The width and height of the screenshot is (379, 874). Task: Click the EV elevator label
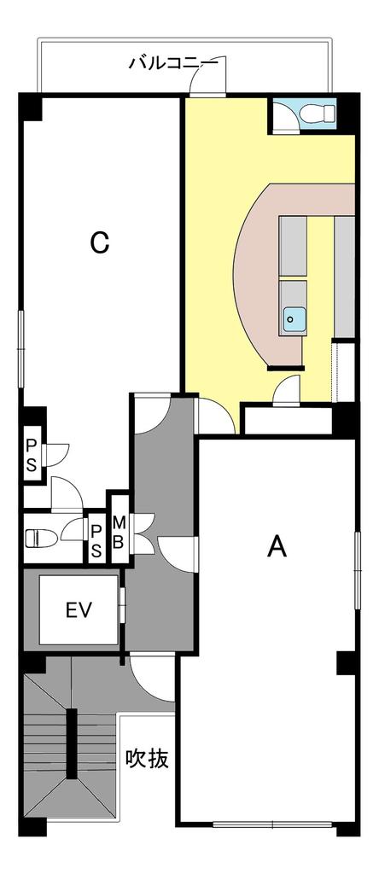point(79,610)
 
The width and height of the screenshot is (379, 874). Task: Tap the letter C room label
point(100,243)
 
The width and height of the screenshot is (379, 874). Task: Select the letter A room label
point(277,546)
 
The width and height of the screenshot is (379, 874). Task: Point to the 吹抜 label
point(147,758)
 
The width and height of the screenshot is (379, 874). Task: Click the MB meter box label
point(118,532)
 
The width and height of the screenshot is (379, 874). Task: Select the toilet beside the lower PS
point(42,538)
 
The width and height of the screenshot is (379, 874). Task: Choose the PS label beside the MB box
point(96,539)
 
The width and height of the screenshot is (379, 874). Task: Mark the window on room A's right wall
point(357,569)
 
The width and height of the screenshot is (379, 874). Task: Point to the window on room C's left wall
point(21,349)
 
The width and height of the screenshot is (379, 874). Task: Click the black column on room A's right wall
point(347,662)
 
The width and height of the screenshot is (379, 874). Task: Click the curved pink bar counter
point(262,262)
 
